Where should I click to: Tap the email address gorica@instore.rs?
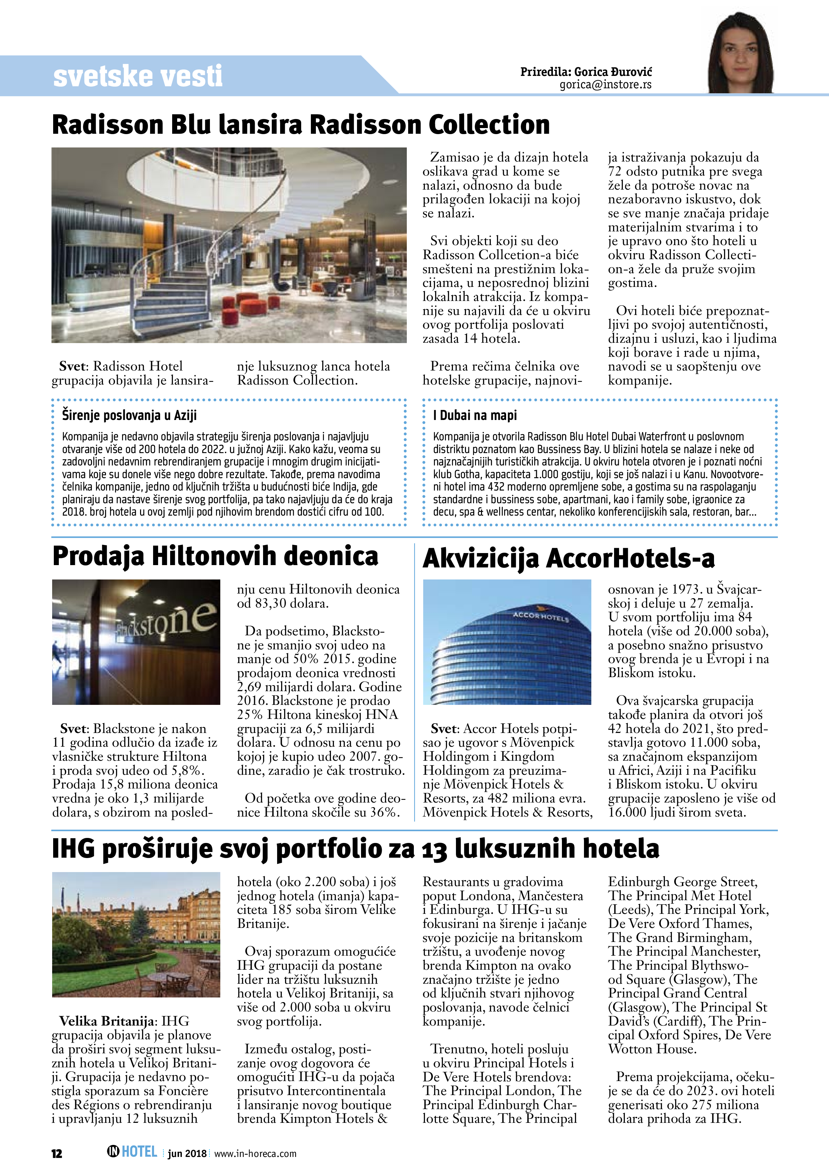605,85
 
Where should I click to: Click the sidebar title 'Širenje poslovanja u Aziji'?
129,415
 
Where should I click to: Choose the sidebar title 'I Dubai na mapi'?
475,415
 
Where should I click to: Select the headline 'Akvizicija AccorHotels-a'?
569,558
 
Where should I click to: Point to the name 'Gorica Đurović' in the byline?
613,72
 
